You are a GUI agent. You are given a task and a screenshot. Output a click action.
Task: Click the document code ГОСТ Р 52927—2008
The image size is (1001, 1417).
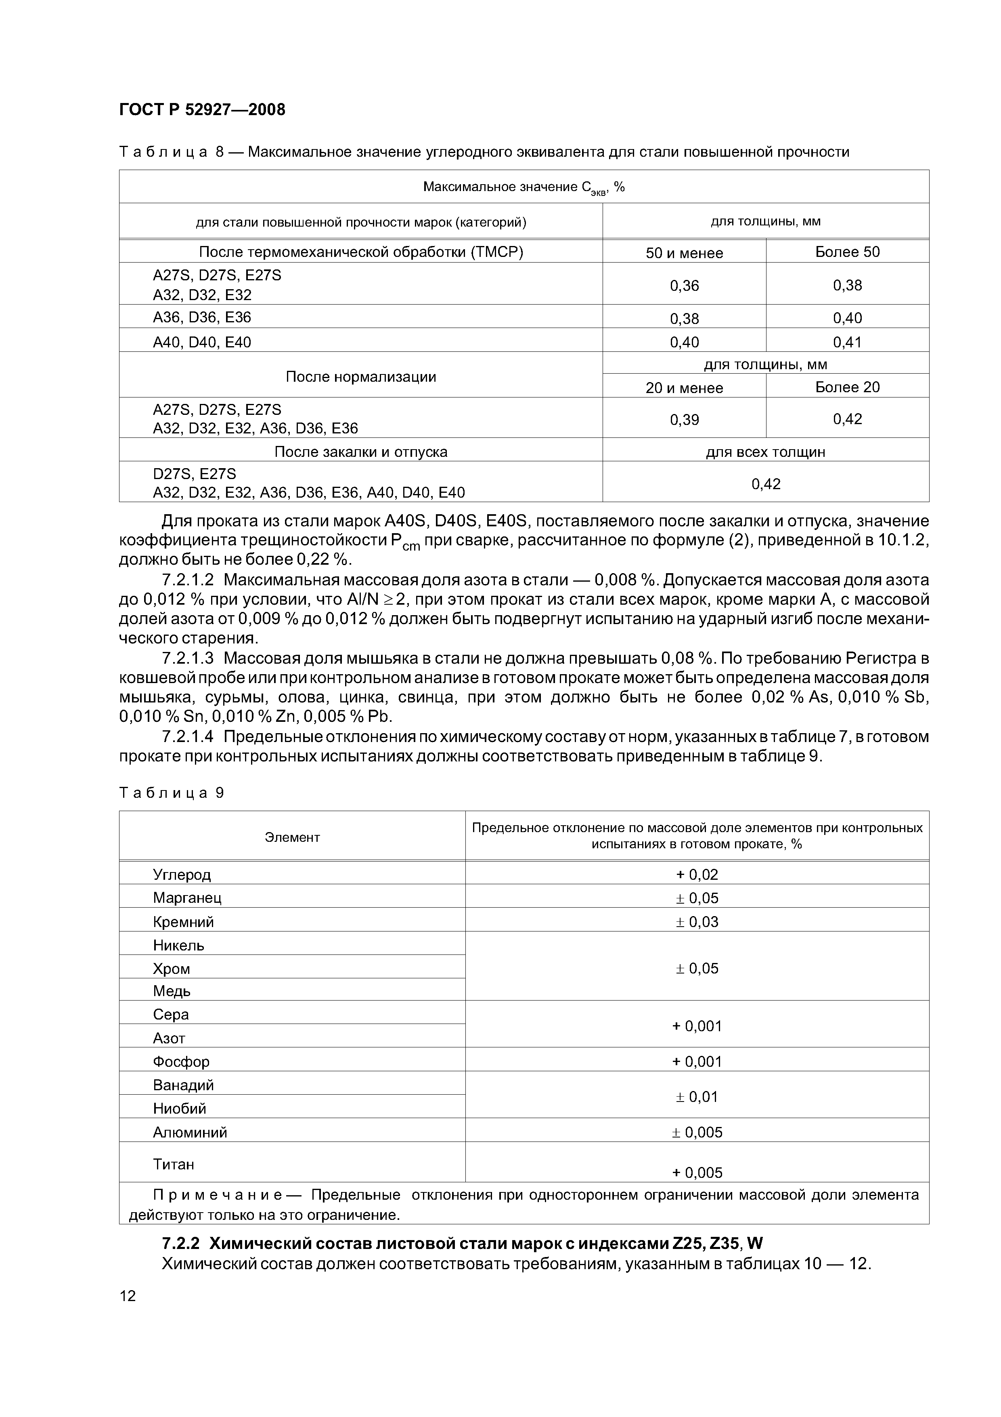tap(202, 110)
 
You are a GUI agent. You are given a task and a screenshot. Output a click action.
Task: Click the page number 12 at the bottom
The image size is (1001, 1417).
tap(127, 1295)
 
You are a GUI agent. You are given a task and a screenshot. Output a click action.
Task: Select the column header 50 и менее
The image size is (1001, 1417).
tap(684, 253)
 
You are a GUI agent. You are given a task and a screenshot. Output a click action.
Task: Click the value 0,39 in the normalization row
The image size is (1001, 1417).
tap(684, 420)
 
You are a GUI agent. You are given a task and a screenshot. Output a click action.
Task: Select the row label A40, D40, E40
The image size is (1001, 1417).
tap(202, 342)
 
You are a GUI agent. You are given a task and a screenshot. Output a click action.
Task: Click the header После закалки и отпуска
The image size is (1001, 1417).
tap(361, 452)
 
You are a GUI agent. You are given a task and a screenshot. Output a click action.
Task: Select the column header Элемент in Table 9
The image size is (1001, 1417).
tap(292, 837)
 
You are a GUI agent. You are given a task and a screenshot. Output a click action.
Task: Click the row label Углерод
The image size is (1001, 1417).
tap(182, 875)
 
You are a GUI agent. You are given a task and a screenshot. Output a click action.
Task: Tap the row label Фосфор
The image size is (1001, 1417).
tap(181, 1062)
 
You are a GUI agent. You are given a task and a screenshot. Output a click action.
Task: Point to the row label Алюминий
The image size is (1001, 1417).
tap(190, 1133)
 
